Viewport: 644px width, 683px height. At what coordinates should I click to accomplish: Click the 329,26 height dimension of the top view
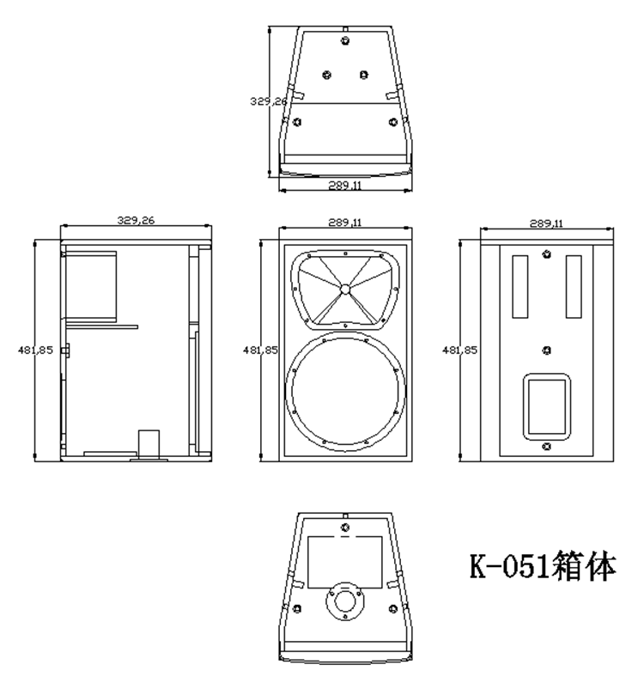(269, 101)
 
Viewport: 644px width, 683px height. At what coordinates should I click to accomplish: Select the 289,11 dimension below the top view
(345, 186)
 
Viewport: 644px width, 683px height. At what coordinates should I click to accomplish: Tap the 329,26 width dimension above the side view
(136, 221)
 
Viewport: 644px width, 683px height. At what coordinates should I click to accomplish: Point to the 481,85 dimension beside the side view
(35, 350)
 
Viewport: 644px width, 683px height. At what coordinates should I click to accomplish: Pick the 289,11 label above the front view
(345, 223)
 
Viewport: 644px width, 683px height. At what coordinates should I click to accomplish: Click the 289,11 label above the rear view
(546, 223)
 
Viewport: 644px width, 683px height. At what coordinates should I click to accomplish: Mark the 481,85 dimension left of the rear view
(459, 350)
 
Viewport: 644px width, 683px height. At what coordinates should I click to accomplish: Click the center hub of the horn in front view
(345, 290)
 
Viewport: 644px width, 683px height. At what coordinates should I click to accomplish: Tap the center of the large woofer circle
(345, 389)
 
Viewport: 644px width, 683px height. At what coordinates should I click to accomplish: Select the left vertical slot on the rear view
(519, 287)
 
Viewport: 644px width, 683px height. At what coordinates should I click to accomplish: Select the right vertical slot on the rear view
(574, 287)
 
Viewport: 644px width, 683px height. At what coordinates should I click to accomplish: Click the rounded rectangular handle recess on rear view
(547, 406)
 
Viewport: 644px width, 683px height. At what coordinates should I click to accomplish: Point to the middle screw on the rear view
(547, 351)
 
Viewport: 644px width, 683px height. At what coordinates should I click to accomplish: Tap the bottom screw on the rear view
(547, 447)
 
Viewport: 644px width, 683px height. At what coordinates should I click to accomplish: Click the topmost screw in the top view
(345, 41)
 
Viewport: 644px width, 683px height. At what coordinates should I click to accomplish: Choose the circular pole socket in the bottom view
(345, 601)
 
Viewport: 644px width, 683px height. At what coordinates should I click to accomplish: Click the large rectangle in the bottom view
(345, 562)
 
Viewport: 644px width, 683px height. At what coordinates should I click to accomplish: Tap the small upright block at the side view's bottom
(149, 444)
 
